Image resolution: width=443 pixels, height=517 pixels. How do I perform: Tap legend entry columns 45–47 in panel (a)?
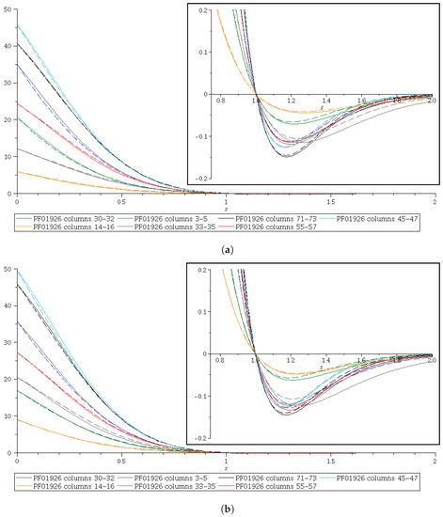pos(387,217)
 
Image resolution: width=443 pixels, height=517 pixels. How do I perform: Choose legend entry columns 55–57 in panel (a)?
pos(281,227)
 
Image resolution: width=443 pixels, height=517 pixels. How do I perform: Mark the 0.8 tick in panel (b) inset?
pos(218,362)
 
